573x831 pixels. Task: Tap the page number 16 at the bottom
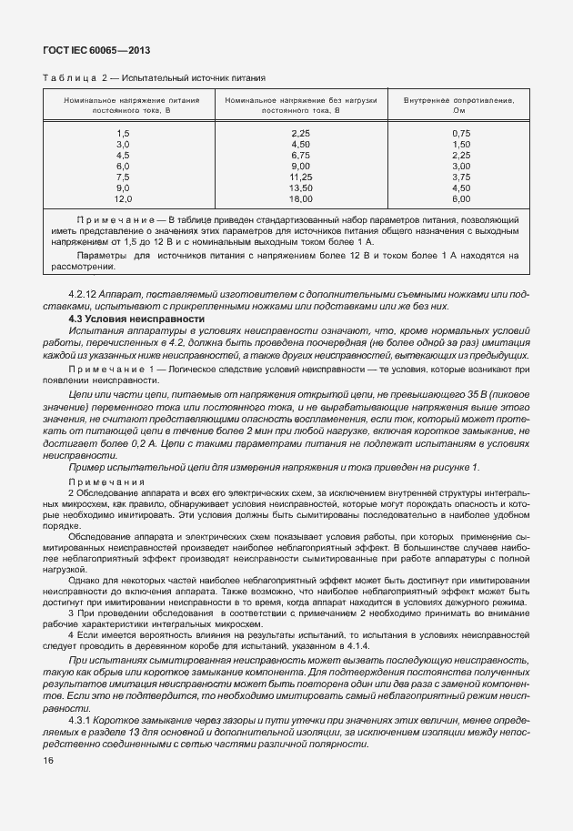point(48,762)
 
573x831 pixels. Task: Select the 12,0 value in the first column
point(123,198)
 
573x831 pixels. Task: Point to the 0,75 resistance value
point(461,134)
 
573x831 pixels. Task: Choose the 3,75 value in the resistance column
point(461,177)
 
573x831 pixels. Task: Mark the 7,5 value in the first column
point(123,177)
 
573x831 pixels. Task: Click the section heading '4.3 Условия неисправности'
point(136,319)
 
